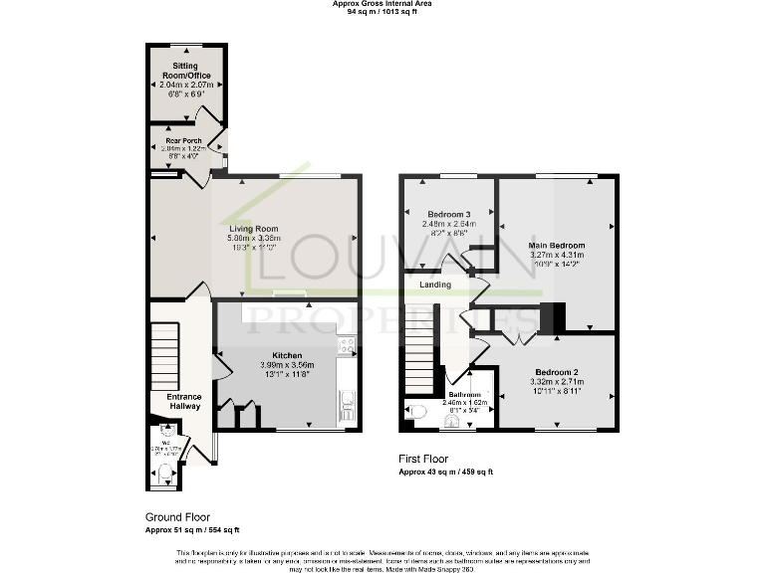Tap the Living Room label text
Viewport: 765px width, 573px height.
click(x=254, y=228)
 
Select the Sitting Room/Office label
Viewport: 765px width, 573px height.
click(x=186, y=71)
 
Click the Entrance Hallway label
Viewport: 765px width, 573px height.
click(x=177, y=401)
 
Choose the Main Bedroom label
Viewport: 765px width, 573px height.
click(x=556, y=245)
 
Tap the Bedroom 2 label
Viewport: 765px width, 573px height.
click(x=554, y=371)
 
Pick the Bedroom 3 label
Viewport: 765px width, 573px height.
click(x=448, y=214)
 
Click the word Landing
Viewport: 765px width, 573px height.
click(x=435, y=285)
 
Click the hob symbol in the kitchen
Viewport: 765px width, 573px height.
click(x=347, y=346)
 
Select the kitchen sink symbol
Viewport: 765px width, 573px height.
click(x=348, y=402)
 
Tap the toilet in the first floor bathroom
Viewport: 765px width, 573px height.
click(x=415, y=410)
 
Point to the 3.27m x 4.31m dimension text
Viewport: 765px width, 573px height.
click(x=556, y=255)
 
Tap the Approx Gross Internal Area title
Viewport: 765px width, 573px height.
click(x=382, y=4)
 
